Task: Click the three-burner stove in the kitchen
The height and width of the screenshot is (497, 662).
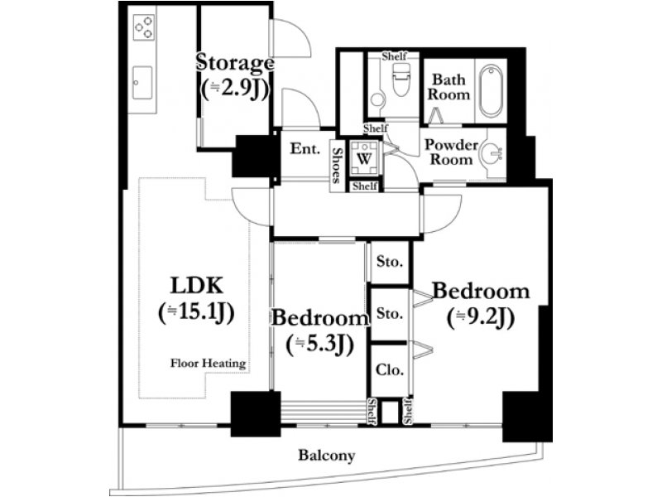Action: pos(143,27)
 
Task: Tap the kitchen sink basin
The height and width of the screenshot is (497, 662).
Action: pos(142,82)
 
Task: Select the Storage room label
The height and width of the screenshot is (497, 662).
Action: pos(235,63)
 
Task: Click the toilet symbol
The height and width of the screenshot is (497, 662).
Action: pos(401,80)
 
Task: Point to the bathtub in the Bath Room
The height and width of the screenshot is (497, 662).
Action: pos(491,90)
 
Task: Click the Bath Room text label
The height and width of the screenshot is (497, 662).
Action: pos(449,87)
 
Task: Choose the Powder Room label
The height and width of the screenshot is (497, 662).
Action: pos(451,152)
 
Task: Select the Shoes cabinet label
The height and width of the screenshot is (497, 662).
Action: pos(338,166)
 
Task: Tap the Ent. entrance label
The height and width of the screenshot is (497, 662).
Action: pos(305,149)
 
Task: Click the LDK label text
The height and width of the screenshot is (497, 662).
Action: pos(196,285)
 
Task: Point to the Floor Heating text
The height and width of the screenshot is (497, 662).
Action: pos(209,363)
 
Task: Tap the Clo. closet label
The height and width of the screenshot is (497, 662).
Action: pos(390,369)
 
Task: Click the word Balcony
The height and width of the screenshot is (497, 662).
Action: pos(327,455)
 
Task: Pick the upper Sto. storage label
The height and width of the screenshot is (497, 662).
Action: pos(390,262)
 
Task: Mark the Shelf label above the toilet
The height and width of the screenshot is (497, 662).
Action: pos(394,55)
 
